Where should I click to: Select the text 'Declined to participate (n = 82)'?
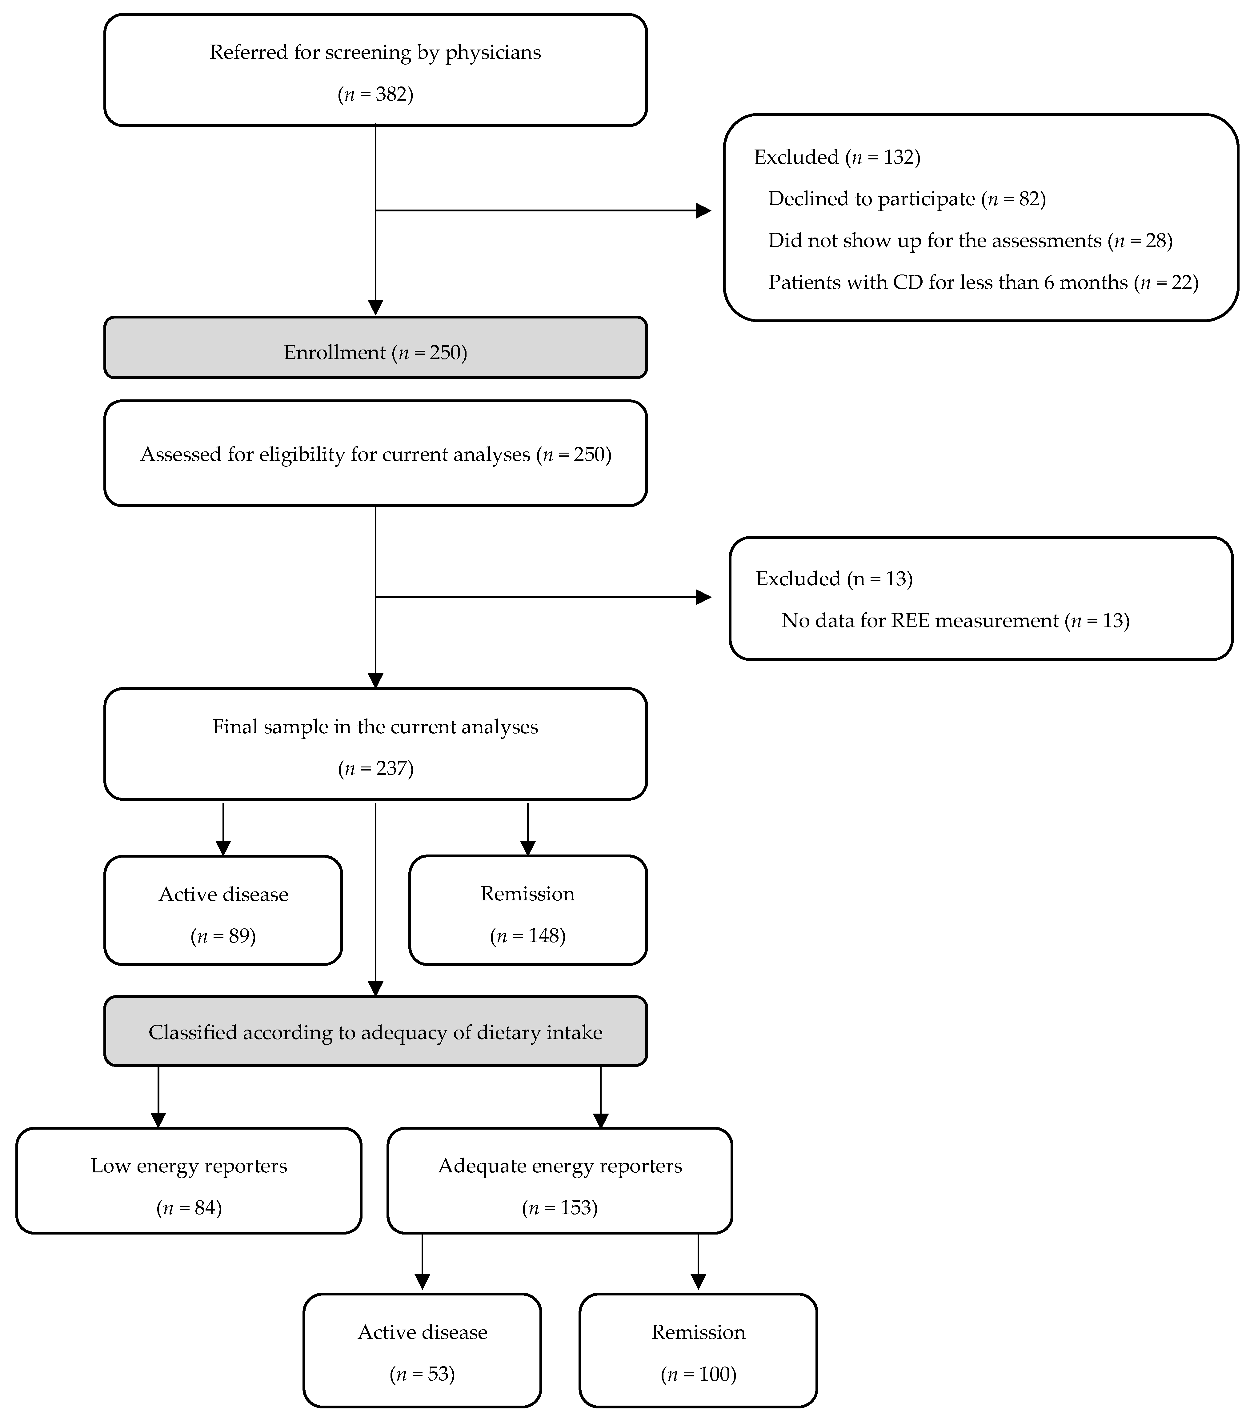point(906,199)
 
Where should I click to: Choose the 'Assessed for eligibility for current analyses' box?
point(375,454)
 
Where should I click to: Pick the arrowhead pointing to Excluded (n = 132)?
point(703,210)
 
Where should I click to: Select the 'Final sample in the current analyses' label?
point(375,727)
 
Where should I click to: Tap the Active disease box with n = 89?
point(223,911)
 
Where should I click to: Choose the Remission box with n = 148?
point(528,911)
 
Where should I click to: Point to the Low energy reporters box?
point(188,1181)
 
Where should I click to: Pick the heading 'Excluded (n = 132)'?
point(836,158)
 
